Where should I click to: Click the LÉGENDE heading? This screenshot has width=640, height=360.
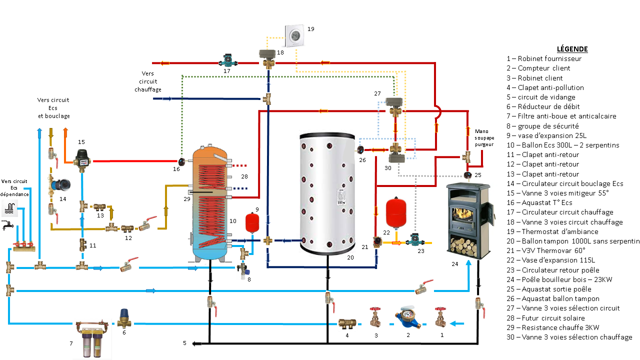(572, 49)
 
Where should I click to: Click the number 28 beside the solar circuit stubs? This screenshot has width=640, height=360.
(244, 176)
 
